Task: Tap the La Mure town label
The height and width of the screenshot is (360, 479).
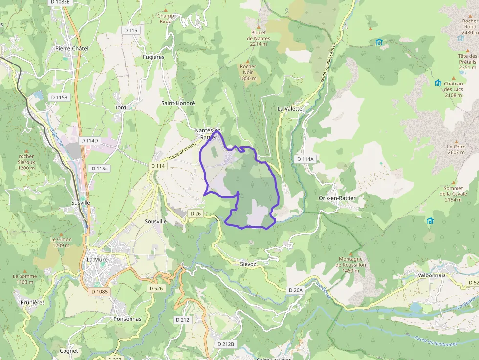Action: [97, 259]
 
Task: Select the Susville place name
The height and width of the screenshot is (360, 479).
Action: [81, 202]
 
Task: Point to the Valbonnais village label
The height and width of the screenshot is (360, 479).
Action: [431, 275]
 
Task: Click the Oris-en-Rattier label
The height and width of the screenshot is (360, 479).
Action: [337, 198]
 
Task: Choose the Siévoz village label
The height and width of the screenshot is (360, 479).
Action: [248, 264]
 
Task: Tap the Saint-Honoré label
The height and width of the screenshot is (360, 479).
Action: [178, 104]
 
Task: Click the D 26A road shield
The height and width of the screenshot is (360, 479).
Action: [296, 290]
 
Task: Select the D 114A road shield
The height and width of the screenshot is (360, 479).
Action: [305, 159]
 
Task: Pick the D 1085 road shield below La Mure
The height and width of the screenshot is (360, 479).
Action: [99, 291]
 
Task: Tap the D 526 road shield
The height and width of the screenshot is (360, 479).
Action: [155, 288]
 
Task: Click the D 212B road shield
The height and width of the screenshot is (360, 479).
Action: [226, 344]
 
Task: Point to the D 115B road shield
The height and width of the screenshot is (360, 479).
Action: [60, 97]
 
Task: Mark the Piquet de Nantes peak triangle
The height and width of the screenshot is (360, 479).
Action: [259, 25]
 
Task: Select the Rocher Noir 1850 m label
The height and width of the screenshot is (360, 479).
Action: [248, 72]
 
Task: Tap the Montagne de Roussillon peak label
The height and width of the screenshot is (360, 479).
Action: [350, 265]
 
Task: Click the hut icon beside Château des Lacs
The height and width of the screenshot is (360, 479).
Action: [437, 83]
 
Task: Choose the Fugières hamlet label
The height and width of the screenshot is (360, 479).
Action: [153, 57]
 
